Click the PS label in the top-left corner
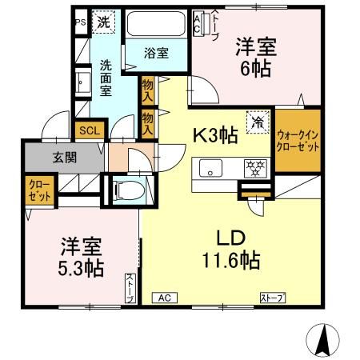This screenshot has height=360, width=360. click(79, 22)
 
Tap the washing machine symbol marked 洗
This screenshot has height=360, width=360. click(103, 22)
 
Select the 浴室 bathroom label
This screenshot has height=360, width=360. click(156, 54)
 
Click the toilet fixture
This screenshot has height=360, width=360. click(125, 190)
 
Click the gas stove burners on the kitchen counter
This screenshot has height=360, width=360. click(254, 168)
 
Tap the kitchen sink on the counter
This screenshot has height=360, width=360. click(211, 168)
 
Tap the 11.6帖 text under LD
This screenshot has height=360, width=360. click(231, 261)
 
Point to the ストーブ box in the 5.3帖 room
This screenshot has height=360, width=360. click(130, 289)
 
